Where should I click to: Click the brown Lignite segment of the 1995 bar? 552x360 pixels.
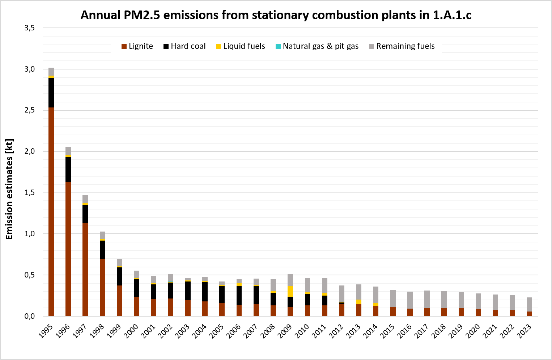51,212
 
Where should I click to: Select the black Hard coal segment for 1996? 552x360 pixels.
68,169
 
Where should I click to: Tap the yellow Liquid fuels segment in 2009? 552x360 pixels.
290,292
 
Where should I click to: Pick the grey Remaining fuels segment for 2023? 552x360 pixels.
529,304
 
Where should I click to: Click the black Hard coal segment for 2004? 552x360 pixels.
205,292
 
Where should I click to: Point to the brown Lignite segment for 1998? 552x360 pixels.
102,287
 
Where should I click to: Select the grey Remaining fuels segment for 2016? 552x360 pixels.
410,300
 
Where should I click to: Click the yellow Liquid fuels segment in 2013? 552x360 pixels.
358,302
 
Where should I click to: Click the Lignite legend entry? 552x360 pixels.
137,46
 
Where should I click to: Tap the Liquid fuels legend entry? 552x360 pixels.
241,46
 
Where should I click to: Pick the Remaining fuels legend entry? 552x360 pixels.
402,46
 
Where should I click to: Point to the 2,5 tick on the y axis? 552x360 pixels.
30,110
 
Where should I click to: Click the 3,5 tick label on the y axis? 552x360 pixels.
30,28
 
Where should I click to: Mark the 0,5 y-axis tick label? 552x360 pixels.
30,275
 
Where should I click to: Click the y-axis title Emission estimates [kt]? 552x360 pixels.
9,189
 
